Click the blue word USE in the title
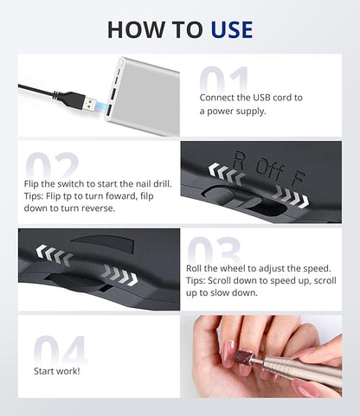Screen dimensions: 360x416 coord(232,29)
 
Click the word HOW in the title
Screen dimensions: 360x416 coord(135,29)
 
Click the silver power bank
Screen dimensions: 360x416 coord(143,96)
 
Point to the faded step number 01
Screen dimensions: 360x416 coord(224,80)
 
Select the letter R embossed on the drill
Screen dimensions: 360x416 coord(239,160)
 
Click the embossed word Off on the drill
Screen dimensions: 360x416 coord(269,168)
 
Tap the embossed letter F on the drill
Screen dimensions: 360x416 coord(298,177)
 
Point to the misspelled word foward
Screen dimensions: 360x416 coord(121,196)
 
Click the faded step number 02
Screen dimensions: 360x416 coord(52,166)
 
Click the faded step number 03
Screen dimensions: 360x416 coord(214,250)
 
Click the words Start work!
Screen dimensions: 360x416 coord(57,371)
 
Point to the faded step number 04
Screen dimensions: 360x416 coord(60,350)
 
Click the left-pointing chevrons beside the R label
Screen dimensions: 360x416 coord(227,174)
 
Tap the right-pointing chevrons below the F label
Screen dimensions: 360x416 coord(291,197)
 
